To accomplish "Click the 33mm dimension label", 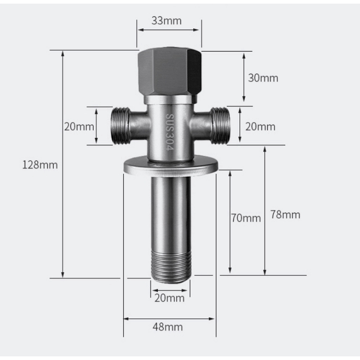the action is click(166, 21).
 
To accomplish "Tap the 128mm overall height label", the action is click(40, 165).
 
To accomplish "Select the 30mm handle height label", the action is click(263, 78).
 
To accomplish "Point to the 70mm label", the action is click(246, 218).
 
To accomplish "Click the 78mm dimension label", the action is click(285, 215).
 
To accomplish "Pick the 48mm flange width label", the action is click(167, 327).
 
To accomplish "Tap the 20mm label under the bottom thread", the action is click(169, 298).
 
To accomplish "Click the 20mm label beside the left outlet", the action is click(79, 126).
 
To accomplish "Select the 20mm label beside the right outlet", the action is click(261, 126).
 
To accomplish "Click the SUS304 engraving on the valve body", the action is click(170, 132).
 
